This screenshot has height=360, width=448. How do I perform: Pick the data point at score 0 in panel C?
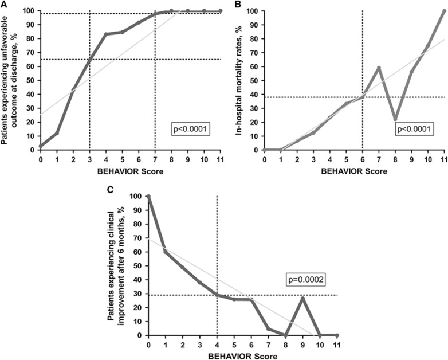click(148, 197)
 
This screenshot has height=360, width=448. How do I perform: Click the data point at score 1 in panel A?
click(57, 133)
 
